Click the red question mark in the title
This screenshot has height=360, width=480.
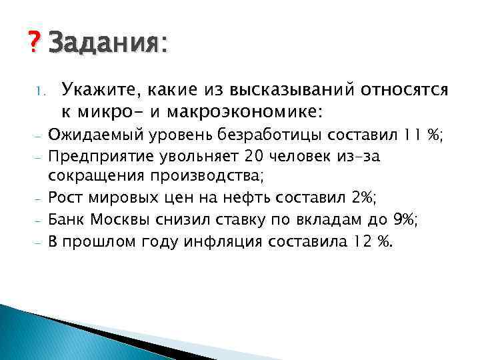[36, 45]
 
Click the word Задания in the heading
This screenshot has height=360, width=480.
[104, 45]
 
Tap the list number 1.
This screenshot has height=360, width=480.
[38, 88]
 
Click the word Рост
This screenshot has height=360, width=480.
[64, 199]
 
